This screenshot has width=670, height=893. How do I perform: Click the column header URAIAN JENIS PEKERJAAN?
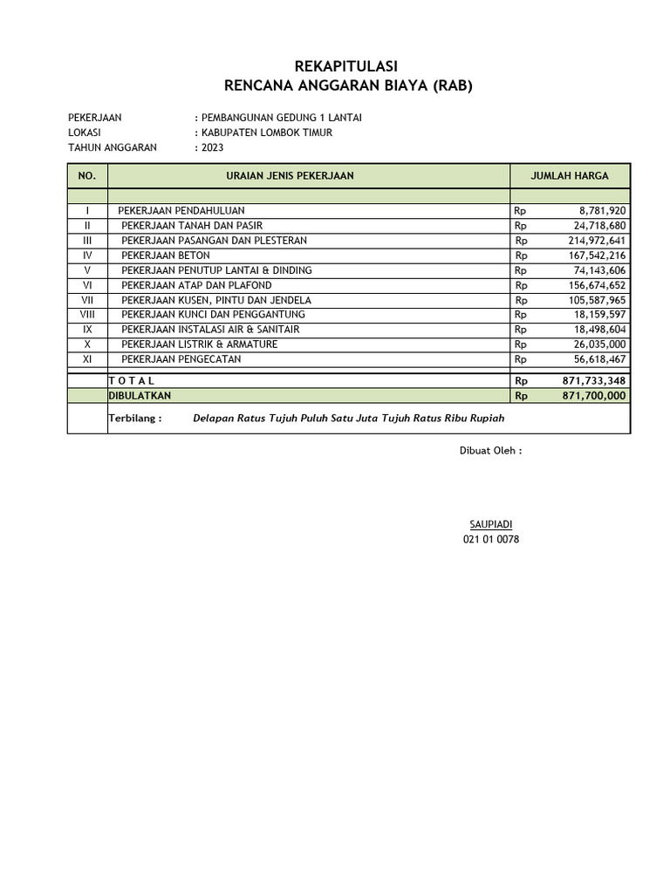pyautogui.click(x=290, y=176)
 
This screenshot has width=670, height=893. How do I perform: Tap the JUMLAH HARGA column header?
pyautogui.click(x=570, y=176)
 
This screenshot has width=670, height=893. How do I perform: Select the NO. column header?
pyautogui.click(x=87, y=176)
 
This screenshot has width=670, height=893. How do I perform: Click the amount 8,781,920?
pyautogui.click(x=602, y=211)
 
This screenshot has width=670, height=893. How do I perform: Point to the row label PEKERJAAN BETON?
pyautogui.click(x=165, y=256)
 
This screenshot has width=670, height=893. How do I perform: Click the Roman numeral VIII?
pyautogui.click(x=87, y=315)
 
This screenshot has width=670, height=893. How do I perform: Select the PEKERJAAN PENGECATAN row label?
pyautogui.click(x=181, y=359)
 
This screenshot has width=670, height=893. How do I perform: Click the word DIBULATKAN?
pyautogui.click(x=140, y=396)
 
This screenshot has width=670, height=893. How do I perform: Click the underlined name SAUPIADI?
pyautogui.click(x=490, y=524)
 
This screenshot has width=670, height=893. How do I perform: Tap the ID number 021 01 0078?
pyautogui.click(x=490, y=540)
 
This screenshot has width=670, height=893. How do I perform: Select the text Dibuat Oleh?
pyautogui.click(x=490, y=451)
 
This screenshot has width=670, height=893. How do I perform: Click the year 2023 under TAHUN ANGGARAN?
pyautogui.click(x=212, y=147)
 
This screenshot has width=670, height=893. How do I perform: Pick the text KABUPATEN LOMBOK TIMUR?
pyautogui.click(x=266, y=133)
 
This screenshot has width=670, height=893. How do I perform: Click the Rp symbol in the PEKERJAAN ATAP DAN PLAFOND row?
pyautogui.click(x=521, y=285)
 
